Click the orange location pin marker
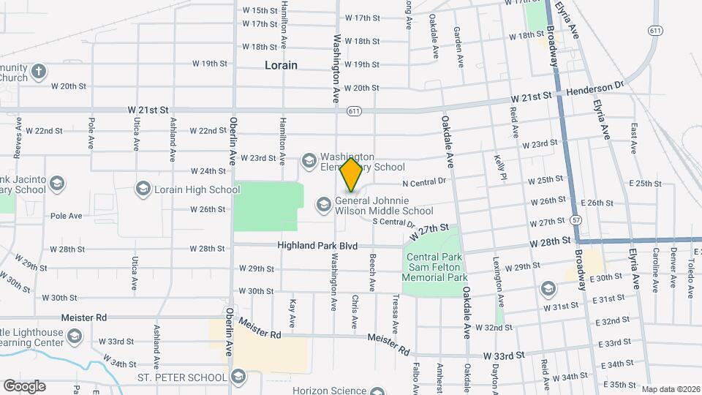(351, 174)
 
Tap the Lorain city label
(281, 65)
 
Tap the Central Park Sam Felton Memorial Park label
(437, 267)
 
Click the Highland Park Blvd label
(317, 247)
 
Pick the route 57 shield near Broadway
(577, 219)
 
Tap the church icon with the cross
(39, 72)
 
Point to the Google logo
(24, 385)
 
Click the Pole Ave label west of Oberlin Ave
(67, 216)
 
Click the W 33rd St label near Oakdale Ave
(504, 355)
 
